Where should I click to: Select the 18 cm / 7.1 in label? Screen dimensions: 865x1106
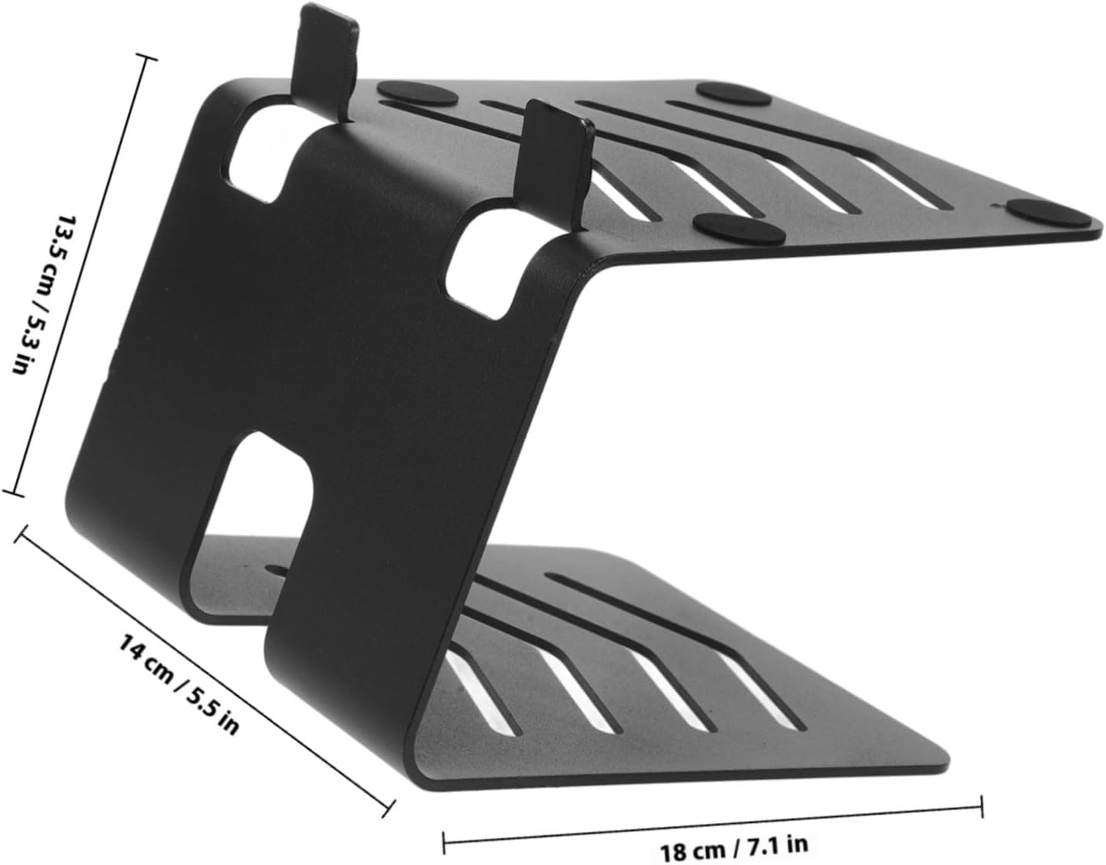point(734,847)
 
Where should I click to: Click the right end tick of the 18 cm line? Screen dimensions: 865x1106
point(982,805)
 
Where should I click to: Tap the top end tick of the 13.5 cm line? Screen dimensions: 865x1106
point(145,59)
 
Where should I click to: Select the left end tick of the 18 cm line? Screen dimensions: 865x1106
point(443,842)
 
